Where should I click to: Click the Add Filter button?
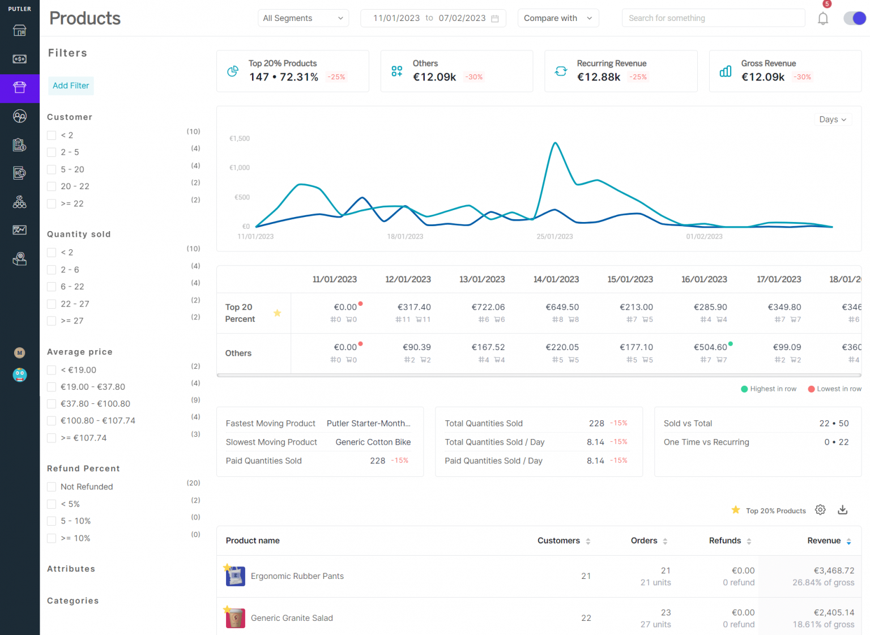[x=71, y=86]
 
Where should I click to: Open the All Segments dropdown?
[x=303, y=18]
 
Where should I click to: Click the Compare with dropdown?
[x=558, y=18]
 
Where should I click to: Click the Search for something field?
[x=713, y=18]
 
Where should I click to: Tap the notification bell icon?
[x=823, y=19]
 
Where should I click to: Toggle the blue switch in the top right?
[x=854, y=18]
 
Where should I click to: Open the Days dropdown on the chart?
[x=832, y=120]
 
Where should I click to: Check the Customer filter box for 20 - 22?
[x=52, y=186]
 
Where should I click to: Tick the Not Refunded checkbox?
[x=52, y=487]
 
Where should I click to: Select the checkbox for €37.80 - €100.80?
[x=52, y=404]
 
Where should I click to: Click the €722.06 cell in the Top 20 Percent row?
[x=488, y=307]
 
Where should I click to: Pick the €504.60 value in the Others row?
[x=710, y=347]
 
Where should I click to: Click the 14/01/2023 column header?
[x=556, y=279]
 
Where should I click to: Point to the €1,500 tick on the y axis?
[x=240, y=138]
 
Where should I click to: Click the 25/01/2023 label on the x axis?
[x=555, y=237]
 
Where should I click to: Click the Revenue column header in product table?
[x=824, y=540]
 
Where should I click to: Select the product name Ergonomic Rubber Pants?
[x=297, y=576]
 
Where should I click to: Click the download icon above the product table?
[x=843, y=510]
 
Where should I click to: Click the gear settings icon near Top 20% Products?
[x=820, y=510]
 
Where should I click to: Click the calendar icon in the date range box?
[x=495, y=19]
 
